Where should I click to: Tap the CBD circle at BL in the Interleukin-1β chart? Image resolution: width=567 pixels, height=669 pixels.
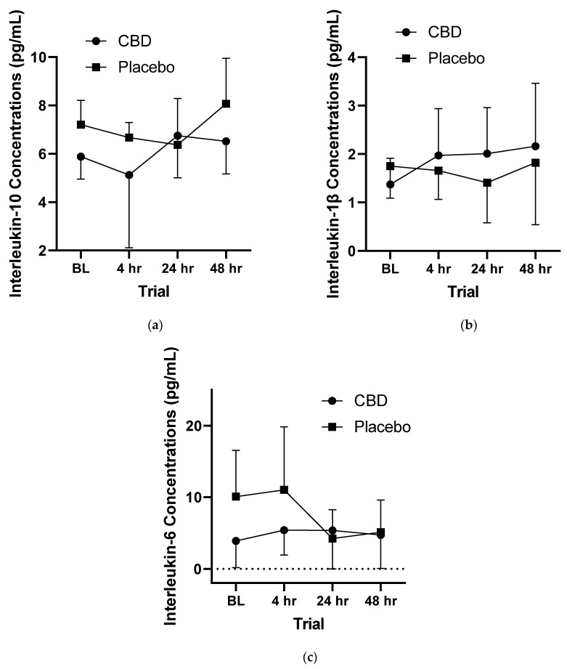390,184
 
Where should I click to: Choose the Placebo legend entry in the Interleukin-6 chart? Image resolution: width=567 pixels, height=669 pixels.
383,426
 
